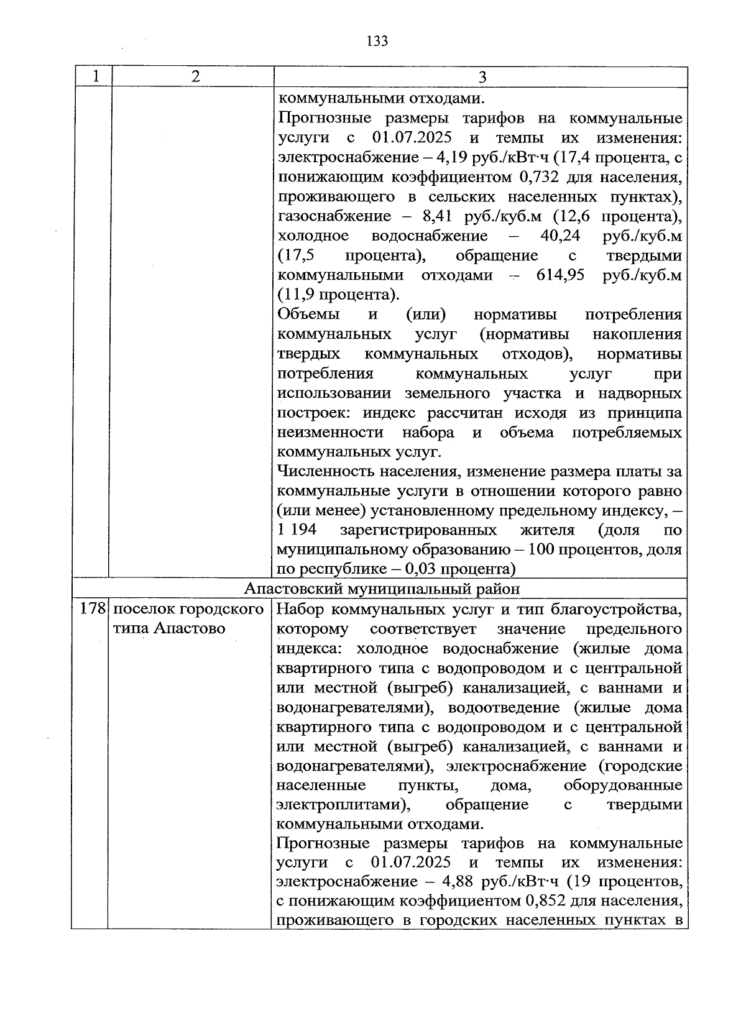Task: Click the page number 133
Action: click(x=377, y=41)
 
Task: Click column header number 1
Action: click(x=95, y=76)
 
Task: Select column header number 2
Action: click(x=195, y=76)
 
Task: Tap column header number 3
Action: click(x=482, y=78)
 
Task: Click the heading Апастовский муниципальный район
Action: click(x=382, y=589)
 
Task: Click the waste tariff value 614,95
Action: click(x=560, y=275)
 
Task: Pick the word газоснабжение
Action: click(x=327, y=216)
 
